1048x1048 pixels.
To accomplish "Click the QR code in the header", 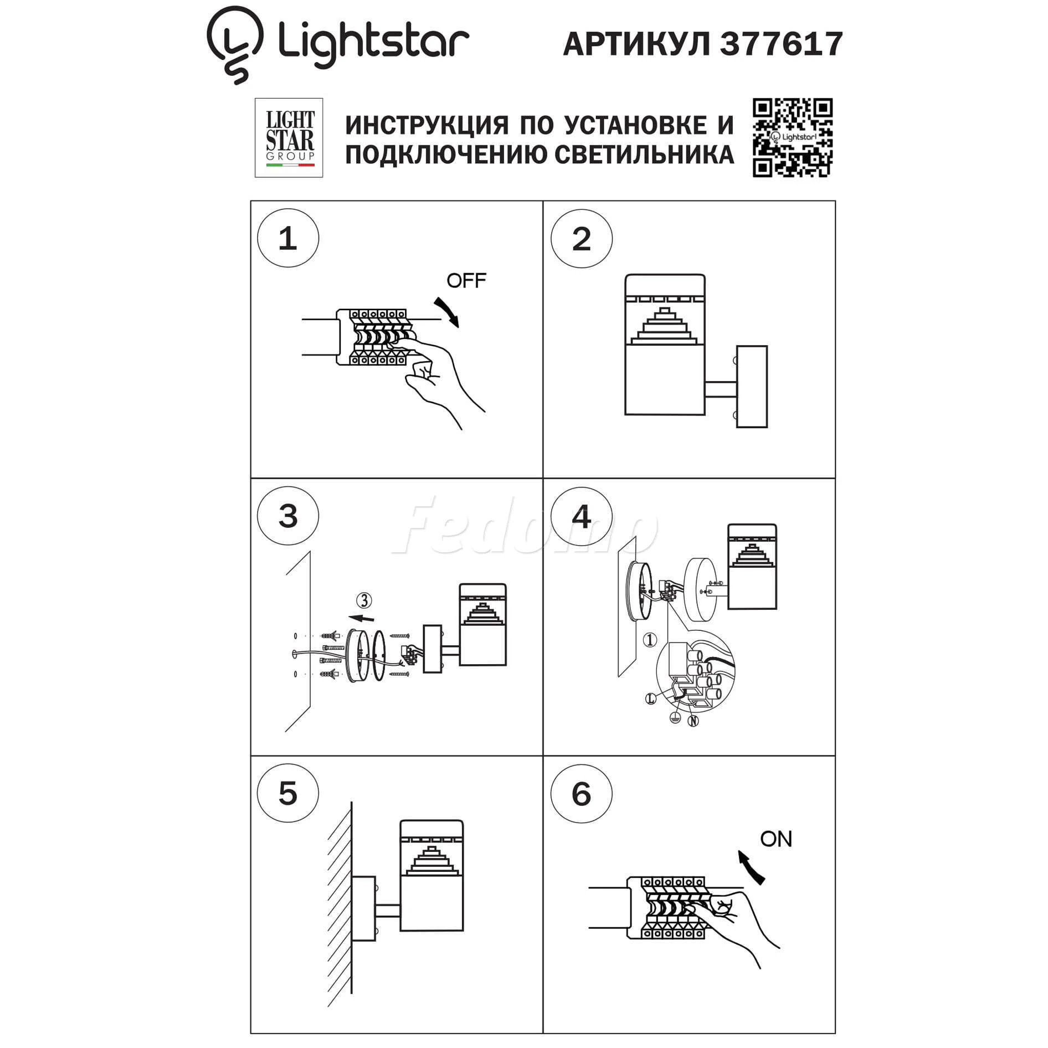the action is pos(792,138).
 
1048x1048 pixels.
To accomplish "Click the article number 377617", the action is pos(781,43).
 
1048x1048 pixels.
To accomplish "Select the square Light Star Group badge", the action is pos(289,138).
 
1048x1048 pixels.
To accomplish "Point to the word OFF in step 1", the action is pos(466,281).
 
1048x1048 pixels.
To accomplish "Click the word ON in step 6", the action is pos(776,839).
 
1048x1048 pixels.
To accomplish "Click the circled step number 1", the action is pos(288,239).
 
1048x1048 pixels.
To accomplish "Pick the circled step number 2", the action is pos(581,239).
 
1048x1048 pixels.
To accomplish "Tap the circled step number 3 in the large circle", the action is pos(288,516).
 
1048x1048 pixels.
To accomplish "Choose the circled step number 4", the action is pos(581,517).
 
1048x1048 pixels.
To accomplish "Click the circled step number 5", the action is pos(288,793).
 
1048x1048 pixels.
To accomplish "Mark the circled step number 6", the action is pos(581,794).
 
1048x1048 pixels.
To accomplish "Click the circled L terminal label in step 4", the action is pos(651,699).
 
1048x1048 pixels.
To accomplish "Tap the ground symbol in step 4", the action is pos(675,718).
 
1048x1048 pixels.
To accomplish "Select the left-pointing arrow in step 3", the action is pos(361,618).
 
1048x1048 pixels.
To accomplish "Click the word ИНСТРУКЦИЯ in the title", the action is pos(427,125).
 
